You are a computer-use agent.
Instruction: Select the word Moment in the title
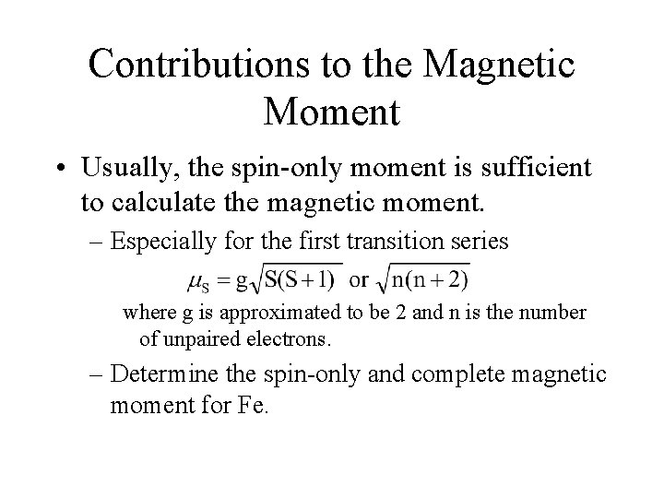[x=331, y=112]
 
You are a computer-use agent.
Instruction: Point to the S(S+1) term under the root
[x=307, y=278]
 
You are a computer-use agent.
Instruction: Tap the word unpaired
[x=204, y=338]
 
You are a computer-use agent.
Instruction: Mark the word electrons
[x=288, y=338]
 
